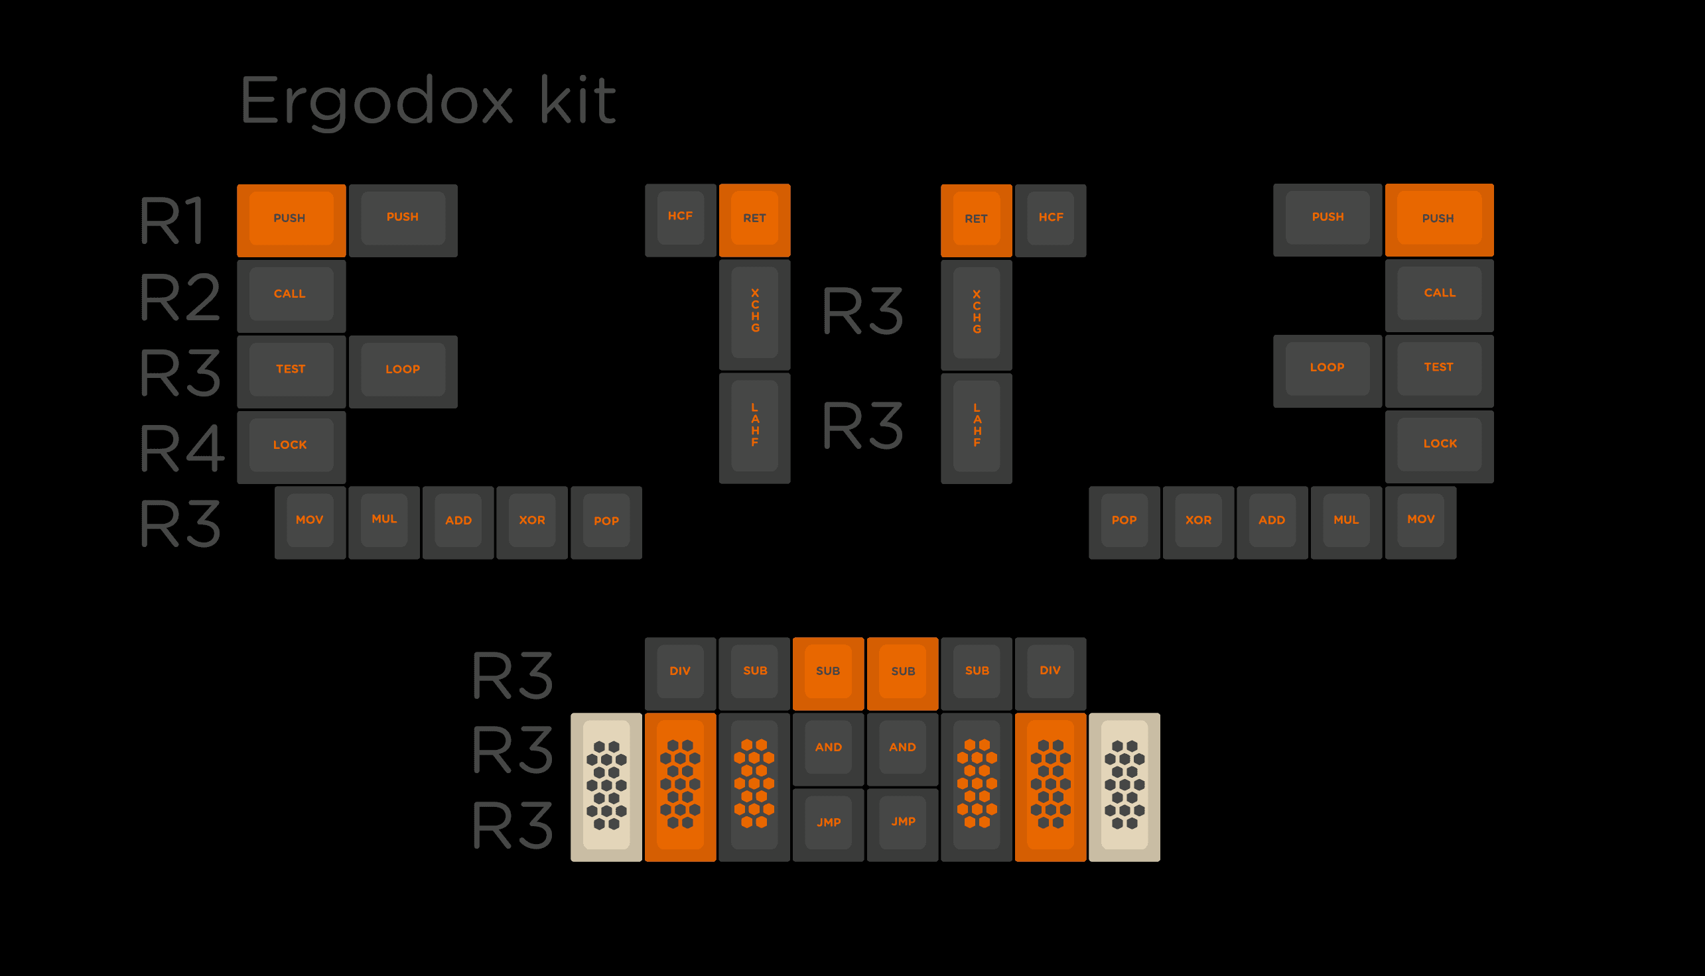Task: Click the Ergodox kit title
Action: click(427, 101)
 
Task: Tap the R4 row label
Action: click(181, 448)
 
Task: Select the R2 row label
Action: click(179, 297)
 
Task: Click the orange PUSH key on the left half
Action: click(291, 219)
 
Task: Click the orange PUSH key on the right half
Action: click(1439, 219)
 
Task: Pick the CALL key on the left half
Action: click(291, 295)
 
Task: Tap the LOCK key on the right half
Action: click(1439, 445)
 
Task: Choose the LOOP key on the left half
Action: click(403, 370)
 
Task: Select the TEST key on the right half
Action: click(1439, 369)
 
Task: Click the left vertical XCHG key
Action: click(754, 313)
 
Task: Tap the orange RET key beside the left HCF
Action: click(754, 219)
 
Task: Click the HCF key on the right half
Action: click(1050, 219)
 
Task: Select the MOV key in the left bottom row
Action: click(310, 521)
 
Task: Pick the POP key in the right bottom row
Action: click(1124, 521)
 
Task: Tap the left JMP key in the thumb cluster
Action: click(829, 823)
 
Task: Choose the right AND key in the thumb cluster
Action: click(902, 748)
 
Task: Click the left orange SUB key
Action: click(829, 672)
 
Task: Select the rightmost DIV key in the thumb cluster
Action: click(1050, 672)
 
